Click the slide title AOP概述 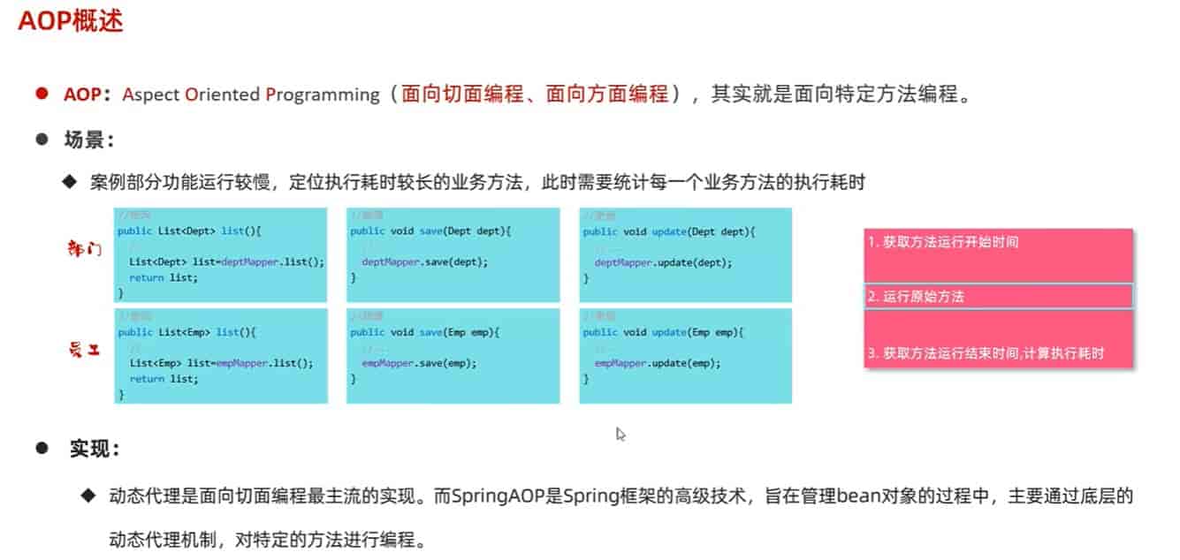[x=71, y=21]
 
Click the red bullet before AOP [x=41, y=94]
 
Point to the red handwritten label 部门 [x=86, y=248]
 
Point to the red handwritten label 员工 [x=86, y=351]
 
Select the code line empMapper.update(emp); [x=658, y=363]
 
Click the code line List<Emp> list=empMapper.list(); [x=221, y=363]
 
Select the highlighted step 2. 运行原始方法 [x=916, y=297]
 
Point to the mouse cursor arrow [x=620, y=433]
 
